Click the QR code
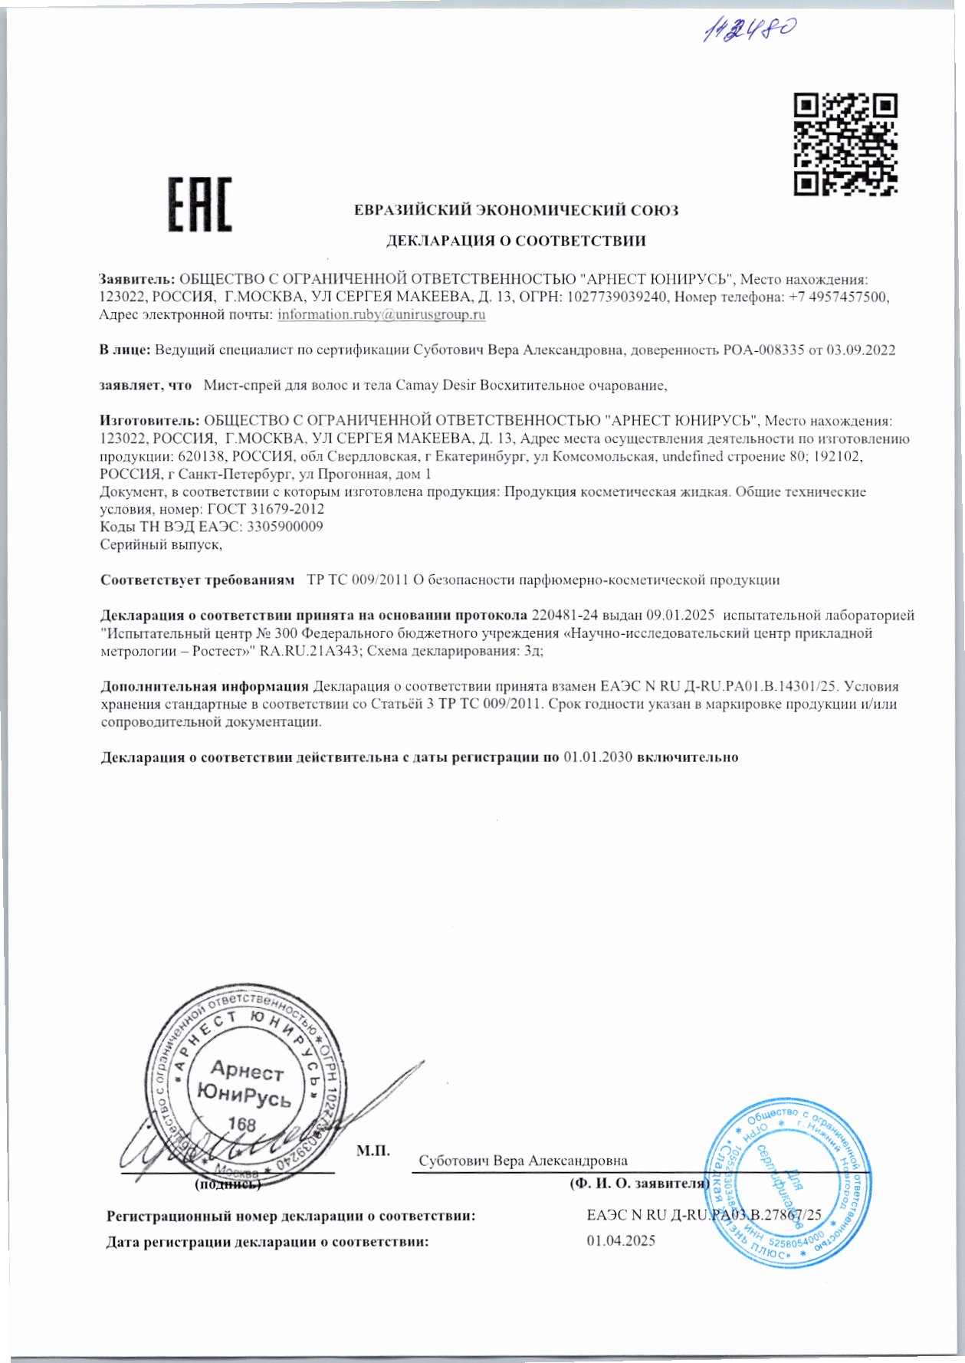click(845, 144)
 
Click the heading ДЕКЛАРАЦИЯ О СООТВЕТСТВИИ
click(515, 241)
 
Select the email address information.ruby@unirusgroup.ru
click(382, 314)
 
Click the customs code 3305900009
click(287, 527)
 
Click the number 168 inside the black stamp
click(242, 1124)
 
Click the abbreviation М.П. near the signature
click(374, 1150)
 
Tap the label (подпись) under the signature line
click(228, 1184)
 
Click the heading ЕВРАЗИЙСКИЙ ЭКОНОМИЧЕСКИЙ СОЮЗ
click(516, 211)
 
